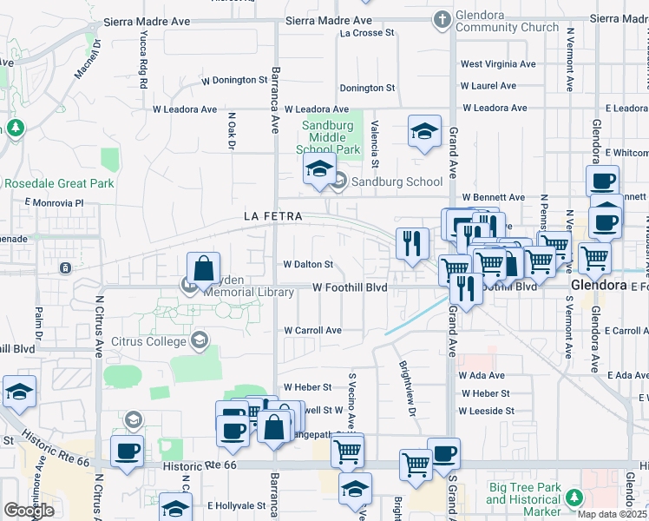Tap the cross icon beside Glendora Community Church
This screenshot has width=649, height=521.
(x=442, y=17)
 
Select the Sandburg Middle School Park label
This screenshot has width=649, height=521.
(x=331, y=137)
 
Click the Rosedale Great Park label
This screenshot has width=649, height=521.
(x=59, y=183)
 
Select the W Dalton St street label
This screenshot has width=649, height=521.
(x=308, y=264)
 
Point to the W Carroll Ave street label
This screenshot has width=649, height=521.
(x=312, y=331)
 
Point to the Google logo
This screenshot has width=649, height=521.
(x=29, y=511)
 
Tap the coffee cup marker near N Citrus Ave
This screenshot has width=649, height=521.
(x=128, y=452)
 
